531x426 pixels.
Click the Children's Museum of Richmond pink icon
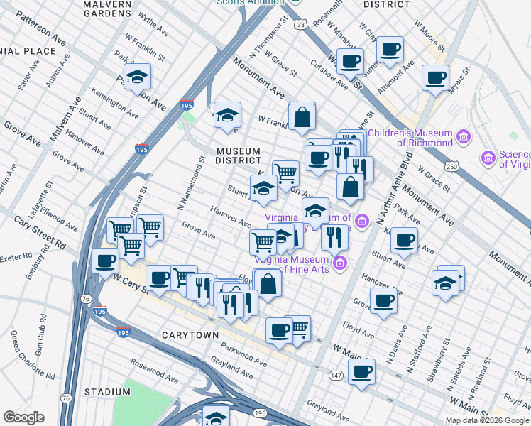pyautogui.click(x=464, y=136)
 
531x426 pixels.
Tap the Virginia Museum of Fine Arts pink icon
pyautogui.click(x=340, y=263)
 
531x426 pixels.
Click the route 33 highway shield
pyautogui.click(x=302, y=25)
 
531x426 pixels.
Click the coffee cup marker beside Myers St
pyautogui.click(x=435, y=77)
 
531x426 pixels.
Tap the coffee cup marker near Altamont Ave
pyautogui.click(x=390, y=50)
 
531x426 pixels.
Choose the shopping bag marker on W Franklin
pyautogui.click(x=302, y=117)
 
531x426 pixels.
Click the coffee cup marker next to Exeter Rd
pyautogui.click(x=106, y=261)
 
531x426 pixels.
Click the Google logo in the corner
pyautogui.click(x=23, y=417)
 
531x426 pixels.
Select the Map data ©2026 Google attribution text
pyautogui.click(x=487, y=420)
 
